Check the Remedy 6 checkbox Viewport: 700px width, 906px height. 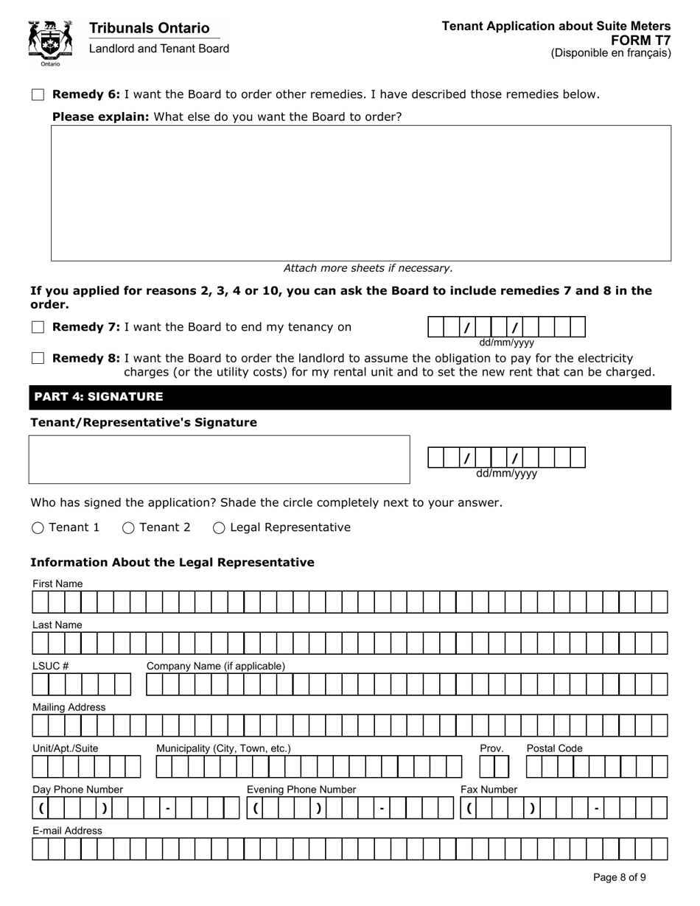(38, 94)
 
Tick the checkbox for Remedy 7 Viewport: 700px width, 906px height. (38, 328)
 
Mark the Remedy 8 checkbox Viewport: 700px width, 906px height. (38, 358)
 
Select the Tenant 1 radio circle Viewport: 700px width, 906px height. (38, 527)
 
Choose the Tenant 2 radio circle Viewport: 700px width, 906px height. (128, 527)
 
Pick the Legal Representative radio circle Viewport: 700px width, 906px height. (219, 527)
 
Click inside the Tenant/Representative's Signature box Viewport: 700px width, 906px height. (219, 460)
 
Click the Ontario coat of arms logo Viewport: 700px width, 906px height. (50, 43)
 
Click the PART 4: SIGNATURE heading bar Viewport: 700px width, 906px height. (350, 397)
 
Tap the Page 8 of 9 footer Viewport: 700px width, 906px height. (620, 877)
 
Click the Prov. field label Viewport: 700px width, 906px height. (491, 748)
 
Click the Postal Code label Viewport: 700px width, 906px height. (554, 748)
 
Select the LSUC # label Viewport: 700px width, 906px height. (50, 666)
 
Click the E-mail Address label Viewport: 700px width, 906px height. (67, 831)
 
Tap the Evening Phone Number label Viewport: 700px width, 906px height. (301, 790)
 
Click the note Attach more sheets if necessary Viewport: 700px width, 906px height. (368, 268)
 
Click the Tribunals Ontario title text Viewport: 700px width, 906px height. (149, 28)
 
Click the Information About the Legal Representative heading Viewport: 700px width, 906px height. (172, 563)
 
